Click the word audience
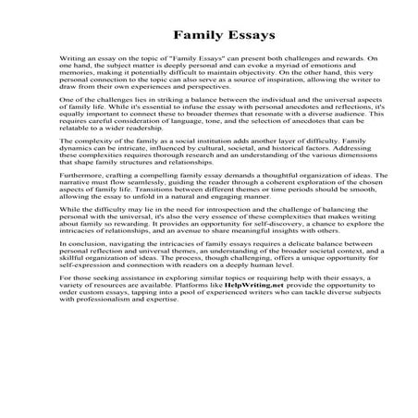click(369, 132)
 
